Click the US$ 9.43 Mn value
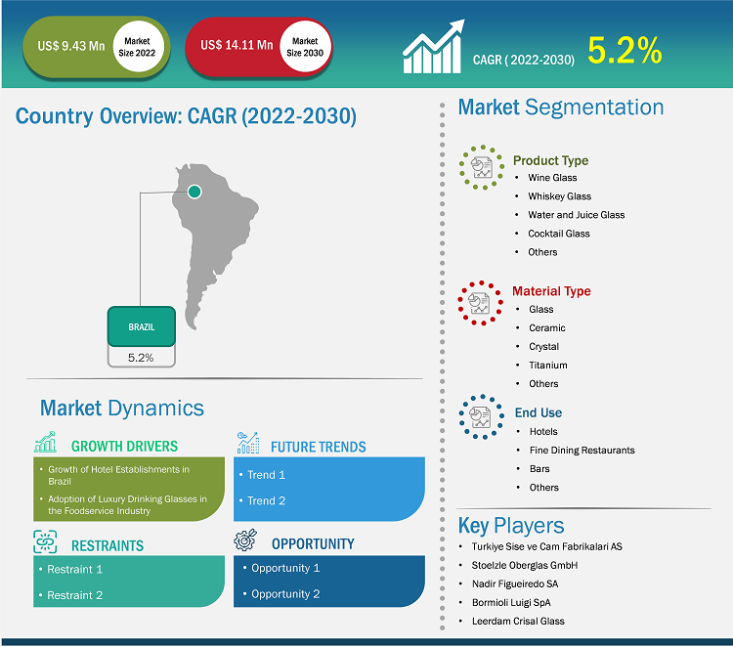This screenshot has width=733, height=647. click(x=71, y=46)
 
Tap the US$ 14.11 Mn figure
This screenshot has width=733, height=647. click(x=237, y=45)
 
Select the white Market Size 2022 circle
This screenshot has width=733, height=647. click(x=138, y=47)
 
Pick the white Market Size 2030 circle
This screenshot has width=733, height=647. click(x=305, y=47)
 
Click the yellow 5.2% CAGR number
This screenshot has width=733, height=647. click(x=625, y=50)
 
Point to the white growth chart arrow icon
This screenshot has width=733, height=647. click(x=434, y=47)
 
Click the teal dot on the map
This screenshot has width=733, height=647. click(x=194, y=192)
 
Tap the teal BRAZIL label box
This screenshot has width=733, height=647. click(x=142, y=326)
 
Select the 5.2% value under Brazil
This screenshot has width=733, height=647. click(x=141, y=358)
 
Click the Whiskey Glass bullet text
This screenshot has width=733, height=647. click(x=560, y=196)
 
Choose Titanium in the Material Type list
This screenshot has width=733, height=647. click(x=548, y=366)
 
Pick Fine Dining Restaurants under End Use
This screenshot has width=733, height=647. click(x=582, y=451)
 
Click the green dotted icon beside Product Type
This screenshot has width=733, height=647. click(x=482, y=167)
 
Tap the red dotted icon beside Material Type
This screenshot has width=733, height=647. click(x=480, y=303)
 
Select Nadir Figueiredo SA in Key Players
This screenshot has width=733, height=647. click(x=515, y=583)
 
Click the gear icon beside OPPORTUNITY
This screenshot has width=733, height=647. click(x=245, y=539)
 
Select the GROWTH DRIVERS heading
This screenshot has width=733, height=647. click(x=124, y=447)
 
